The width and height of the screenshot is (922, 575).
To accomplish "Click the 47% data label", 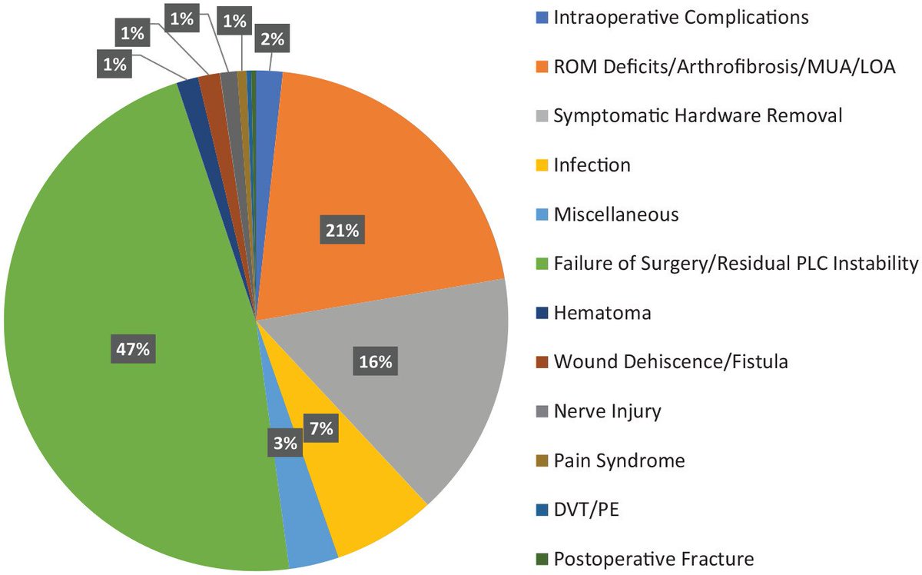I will (132, 349).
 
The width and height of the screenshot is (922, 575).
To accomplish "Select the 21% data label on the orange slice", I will (341, 230).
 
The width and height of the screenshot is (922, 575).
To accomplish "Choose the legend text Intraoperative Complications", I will (681, 18).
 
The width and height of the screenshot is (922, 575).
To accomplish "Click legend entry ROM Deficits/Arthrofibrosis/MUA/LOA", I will (724, 67).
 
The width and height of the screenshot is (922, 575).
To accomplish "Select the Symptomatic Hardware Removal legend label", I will (698, 116).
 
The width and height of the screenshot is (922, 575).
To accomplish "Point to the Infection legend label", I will (592, 165).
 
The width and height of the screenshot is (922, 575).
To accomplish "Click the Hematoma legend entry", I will (602, 313).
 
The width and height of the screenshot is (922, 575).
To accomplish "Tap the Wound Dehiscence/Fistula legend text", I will (670, 362).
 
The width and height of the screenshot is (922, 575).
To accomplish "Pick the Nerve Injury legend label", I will (607, 411).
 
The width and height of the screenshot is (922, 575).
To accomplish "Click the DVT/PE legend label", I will (587, 510).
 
